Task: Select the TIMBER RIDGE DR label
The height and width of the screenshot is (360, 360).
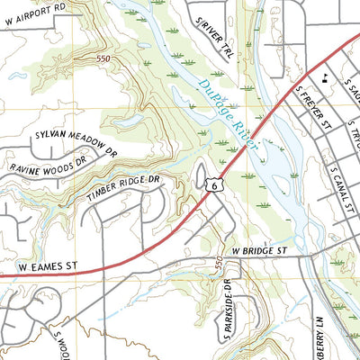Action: coord(123,189)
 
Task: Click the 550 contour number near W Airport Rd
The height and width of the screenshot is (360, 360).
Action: coord(105,58)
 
